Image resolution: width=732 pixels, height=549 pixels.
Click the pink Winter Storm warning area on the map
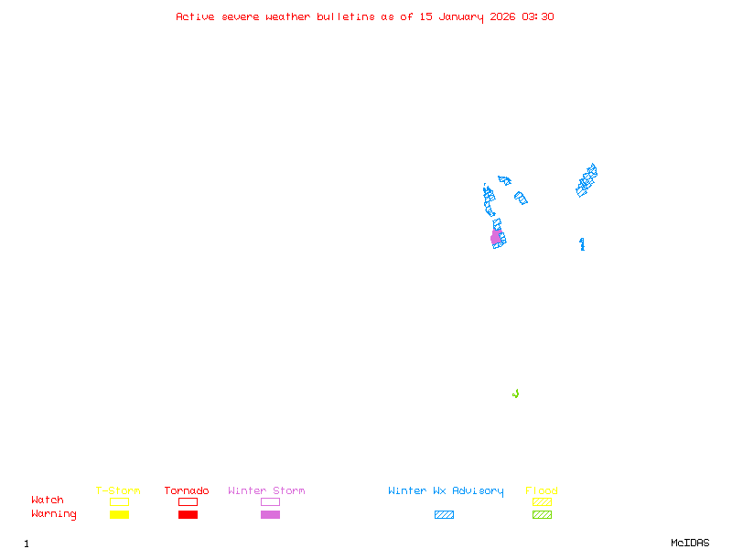click(x=496, y=238)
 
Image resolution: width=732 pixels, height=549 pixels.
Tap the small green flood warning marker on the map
click(x=516, y=393)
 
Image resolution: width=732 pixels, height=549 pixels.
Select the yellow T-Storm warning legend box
click(x=119, y=514)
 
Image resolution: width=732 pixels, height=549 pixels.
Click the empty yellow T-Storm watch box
click(x=119, y=501)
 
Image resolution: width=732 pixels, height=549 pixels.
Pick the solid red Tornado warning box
click(x=188, y=514)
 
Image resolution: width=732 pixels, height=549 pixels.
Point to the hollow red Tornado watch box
click(x=188, y=501)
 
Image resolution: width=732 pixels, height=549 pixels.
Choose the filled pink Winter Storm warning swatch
click(x=270, y=514)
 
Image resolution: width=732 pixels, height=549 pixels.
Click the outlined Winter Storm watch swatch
click(x=270, y=501)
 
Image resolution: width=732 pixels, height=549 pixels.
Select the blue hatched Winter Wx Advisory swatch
click(x=444, y=514)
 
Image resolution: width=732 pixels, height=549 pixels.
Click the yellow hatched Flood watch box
click(x=542, y=501)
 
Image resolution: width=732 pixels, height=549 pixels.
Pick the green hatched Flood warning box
click(x=542, y=514)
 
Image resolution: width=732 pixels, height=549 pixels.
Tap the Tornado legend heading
click(x=187, y=491)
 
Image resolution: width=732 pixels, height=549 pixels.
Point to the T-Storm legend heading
click(x=118, y=491)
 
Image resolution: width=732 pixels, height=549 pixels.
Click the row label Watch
click(x=48, y=501)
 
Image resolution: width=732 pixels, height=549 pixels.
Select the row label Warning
click(x=54, y=514)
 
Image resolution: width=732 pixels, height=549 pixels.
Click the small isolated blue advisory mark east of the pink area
click(x=582, y=243)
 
